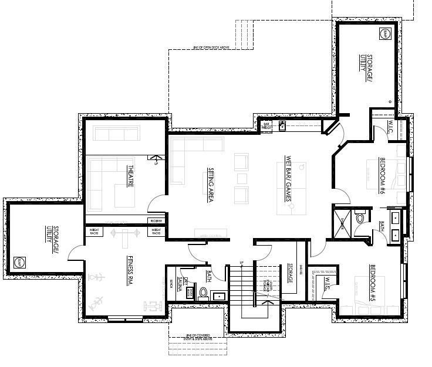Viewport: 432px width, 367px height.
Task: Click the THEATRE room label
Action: coord(130,176)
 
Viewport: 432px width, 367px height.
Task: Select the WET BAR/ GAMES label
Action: coord(288,179)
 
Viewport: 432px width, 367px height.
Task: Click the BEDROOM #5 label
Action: coord(372,284)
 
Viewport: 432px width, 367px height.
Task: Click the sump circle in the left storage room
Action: coord(19,262)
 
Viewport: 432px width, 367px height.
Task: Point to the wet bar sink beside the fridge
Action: coord(282,125)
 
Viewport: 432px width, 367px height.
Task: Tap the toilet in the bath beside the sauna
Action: coord(203,293)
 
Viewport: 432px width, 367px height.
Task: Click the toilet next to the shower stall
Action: coord(361,218)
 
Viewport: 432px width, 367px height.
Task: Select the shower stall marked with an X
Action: coord(343,221)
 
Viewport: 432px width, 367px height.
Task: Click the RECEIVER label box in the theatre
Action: coord(156,221)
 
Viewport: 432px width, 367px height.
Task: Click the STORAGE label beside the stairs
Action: coord(291,273)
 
